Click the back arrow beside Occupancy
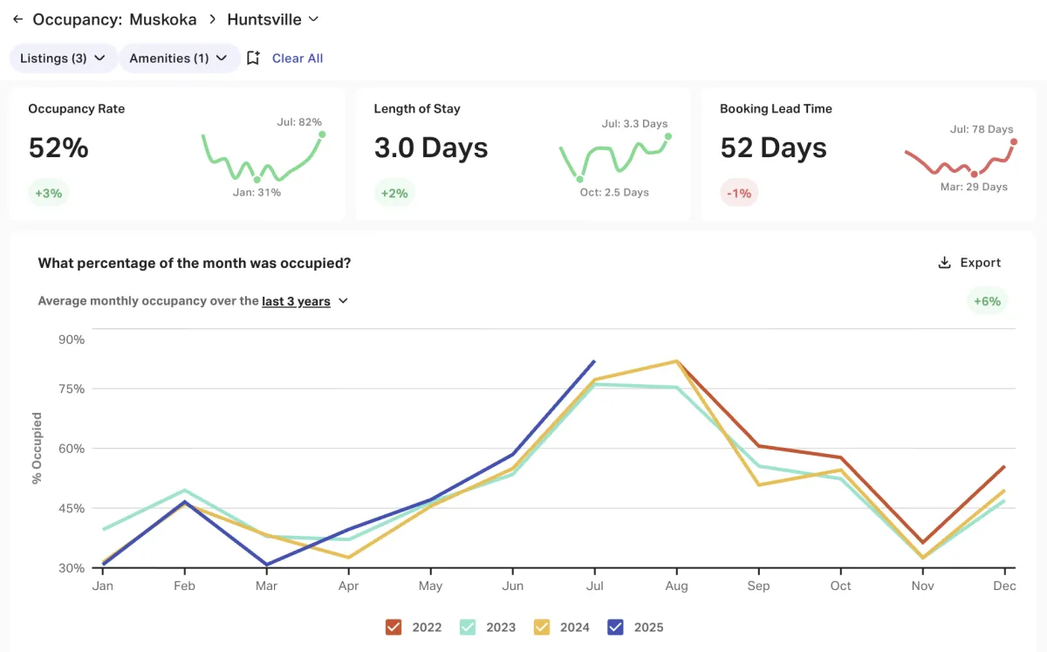point(17,19)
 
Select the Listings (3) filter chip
point(63,58)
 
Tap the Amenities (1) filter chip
point(179,58)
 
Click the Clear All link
point(298,58)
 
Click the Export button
point(969,263)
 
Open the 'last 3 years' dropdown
point(305,301)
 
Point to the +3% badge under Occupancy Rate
point(48,193)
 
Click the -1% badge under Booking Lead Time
point(739,193)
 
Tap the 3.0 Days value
point(431,148)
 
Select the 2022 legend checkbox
point(393,627)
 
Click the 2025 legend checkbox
point(617,627)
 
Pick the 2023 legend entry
point(468,627)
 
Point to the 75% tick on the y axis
point(71,389)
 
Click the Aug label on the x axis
point(676,586)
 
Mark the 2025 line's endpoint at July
point(594,361)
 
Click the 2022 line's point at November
point(923,543)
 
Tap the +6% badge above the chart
point(988,301)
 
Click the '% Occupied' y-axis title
point(37,449)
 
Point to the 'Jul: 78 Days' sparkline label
point(982,129)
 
